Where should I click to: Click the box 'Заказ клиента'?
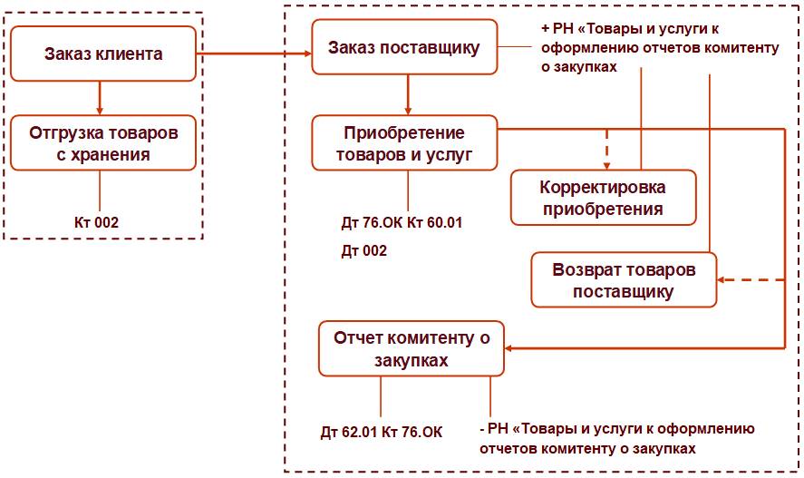tap(103, 54)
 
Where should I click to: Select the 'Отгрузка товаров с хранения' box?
tap(103, 143)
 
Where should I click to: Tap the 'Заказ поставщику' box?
tap(404, 48)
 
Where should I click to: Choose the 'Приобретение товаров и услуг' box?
tap(404, 143)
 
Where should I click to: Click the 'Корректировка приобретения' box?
tap(603, 198)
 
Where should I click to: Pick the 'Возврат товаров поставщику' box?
tap(624, 281)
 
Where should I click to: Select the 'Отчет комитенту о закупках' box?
tap(412, 348)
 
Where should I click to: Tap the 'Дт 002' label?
tap(364, 250)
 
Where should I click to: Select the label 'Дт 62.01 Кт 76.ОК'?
tap(382, 432)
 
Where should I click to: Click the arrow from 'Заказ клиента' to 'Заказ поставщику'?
tap(254, 55)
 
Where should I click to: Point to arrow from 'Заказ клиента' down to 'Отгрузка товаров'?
tap(99, 99)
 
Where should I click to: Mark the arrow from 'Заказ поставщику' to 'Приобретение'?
tap(407, 94)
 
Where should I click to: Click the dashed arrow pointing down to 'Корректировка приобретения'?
tap(605, 150)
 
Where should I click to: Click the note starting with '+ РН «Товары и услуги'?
tap(653, 48)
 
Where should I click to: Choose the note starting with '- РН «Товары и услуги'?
tap(616, 438)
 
